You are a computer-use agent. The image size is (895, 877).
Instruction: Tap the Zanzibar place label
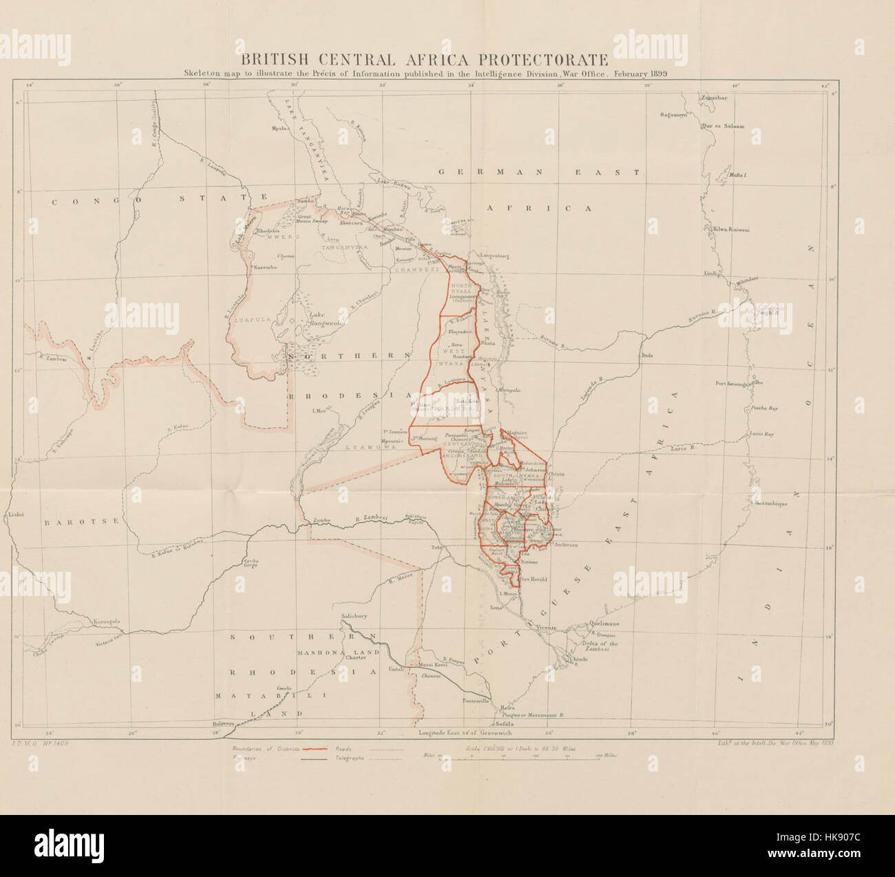(714, 97)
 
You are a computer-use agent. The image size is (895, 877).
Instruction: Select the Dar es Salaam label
(722, 127)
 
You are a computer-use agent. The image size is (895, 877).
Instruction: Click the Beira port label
(507, 708)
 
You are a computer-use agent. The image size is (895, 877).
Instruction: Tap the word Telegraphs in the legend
(350, 757)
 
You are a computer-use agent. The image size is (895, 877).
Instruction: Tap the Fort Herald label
(534, 579)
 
